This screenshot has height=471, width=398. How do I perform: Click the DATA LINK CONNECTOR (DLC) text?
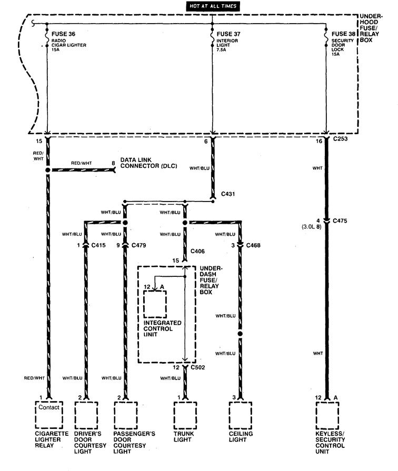point(148,163)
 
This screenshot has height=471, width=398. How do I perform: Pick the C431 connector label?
point(228,194)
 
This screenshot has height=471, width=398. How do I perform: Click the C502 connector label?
point(198,367)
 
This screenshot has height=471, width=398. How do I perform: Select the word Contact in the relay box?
point(48,407)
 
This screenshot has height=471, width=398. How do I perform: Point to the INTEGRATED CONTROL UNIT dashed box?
point(155,303)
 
